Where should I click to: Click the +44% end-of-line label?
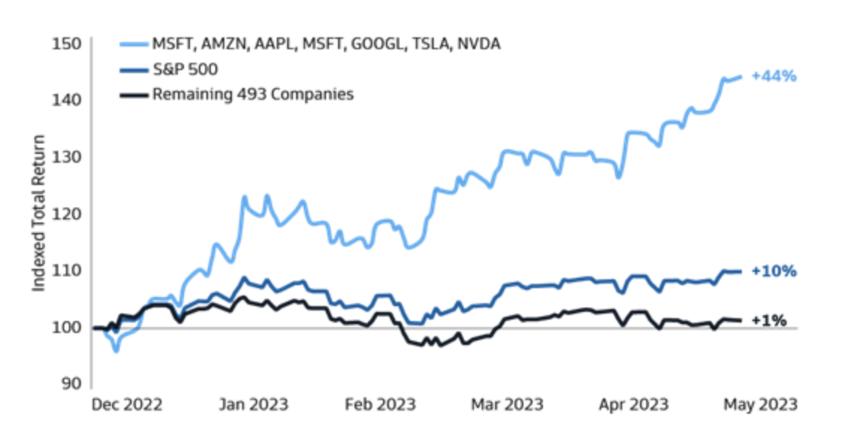(x=774, y=76)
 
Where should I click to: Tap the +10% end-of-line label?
(x=774, y=272)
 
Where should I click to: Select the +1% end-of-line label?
(x=769, y=321)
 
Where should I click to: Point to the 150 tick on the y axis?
(x=67, y=43)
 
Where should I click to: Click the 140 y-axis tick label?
(x=67, y=99)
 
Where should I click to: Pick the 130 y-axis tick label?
(x=67, y=156)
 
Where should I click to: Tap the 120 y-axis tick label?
(x=67, y=213)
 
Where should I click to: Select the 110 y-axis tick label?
(x=67, y=270)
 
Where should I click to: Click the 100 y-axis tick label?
(x=67, y=327)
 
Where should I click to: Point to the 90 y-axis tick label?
(x=71, y=383)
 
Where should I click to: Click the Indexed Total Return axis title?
(x=38, y=213)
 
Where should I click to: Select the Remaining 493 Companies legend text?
(x=253, y=94)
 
